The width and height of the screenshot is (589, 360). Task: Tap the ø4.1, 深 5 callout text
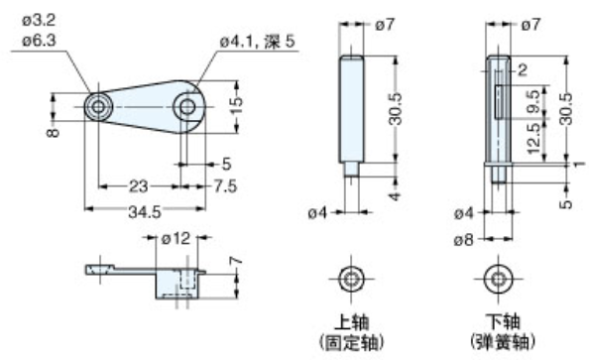pyautogui.click(x=260, y=41)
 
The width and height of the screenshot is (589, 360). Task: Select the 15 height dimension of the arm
pyautogui.click(x=236, y=106)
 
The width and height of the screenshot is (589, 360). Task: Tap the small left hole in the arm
pyautogui.click(x=98, y=106)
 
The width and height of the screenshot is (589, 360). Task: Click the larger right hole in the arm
pyautogui.click(x=185, y=106)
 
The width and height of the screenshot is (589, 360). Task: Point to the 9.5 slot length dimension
pyautogui.click(x=534, y=100)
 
